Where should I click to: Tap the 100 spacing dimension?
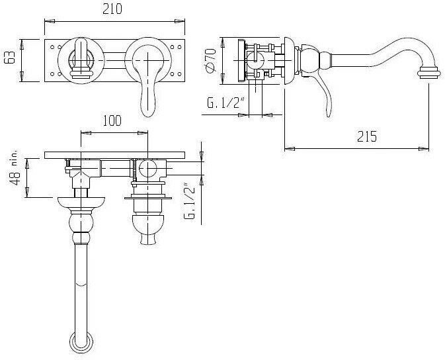pos(113,121)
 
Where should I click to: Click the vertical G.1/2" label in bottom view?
pos(192,202)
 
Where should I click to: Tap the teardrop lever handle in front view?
pos(147,99)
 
